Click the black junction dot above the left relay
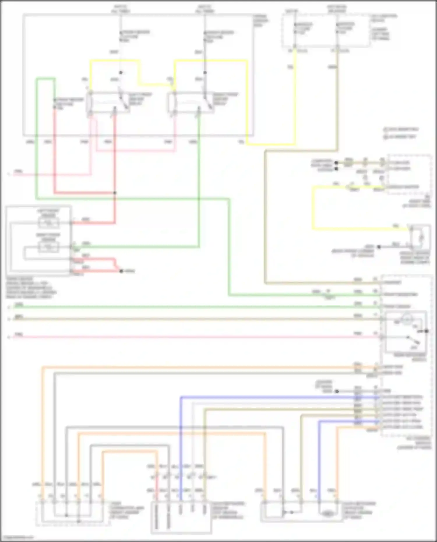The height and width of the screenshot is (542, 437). point(121,73)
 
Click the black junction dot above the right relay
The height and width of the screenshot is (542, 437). point(205,73)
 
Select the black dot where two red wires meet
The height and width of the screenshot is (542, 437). point(115,193)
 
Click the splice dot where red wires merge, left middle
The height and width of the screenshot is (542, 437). point(121,271)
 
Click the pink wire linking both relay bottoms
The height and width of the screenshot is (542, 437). point(135,151)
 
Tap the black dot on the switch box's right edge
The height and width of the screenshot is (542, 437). point(427,331)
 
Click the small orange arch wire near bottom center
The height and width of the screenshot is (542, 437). point(130,452)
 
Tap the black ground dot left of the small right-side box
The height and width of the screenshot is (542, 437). point(379,247)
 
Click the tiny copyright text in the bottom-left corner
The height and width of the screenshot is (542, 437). point(17,537)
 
